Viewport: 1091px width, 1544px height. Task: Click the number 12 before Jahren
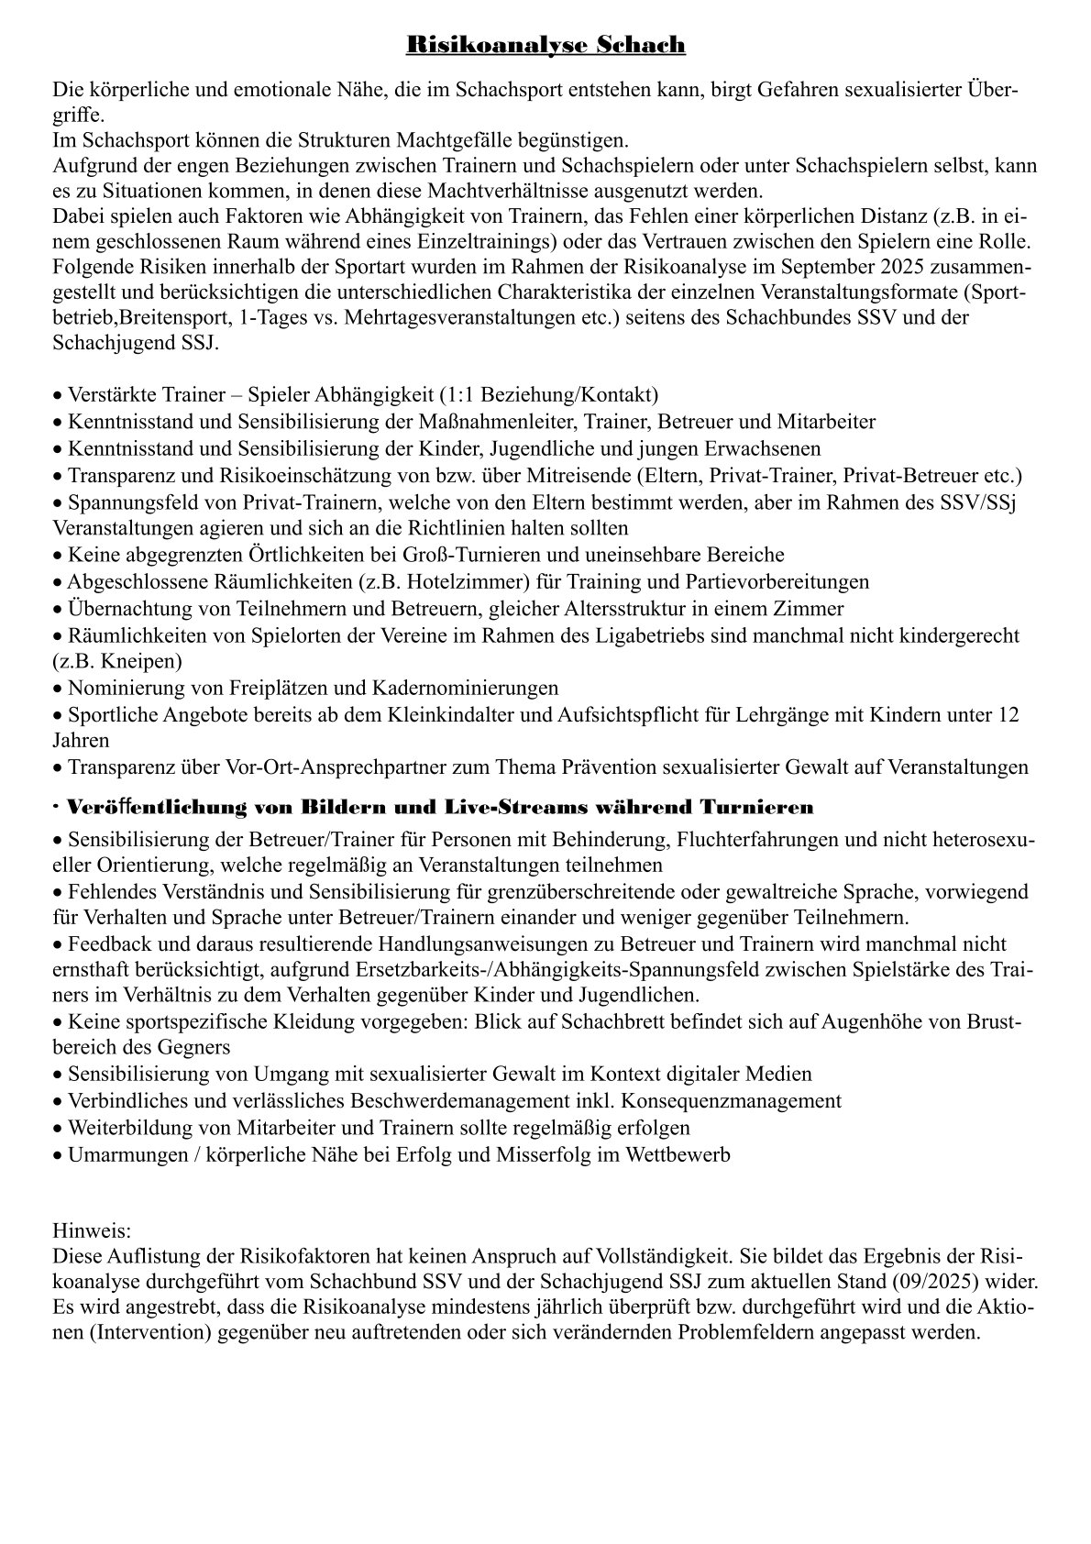coord(1008,714)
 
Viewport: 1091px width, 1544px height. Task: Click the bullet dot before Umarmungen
coord(59,1155)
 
